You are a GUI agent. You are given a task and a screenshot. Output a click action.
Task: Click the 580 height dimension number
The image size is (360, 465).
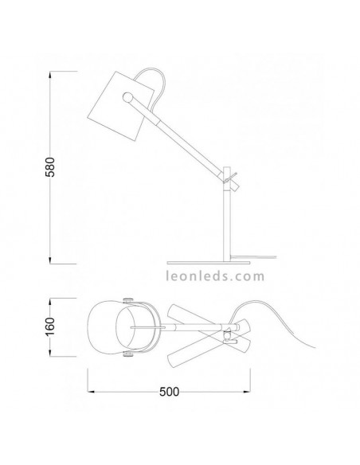(50, 167)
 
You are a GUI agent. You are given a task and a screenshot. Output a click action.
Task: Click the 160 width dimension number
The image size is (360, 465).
(50, 326)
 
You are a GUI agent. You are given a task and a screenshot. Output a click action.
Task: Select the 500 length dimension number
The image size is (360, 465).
(170, 392)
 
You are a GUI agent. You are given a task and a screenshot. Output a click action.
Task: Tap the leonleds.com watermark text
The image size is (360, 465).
(215, 276)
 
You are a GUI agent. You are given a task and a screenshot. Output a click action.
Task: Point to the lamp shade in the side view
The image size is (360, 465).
(121, 106)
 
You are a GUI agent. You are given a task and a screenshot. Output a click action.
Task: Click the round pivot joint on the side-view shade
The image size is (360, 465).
(127, 97)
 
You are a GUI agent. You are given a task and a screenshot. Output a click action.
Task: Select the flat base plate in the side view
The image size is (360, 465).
(209, 263)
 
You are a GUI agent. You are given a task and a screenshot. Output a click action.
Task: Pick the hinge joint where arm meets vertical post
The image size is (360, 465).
(228, 179)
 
